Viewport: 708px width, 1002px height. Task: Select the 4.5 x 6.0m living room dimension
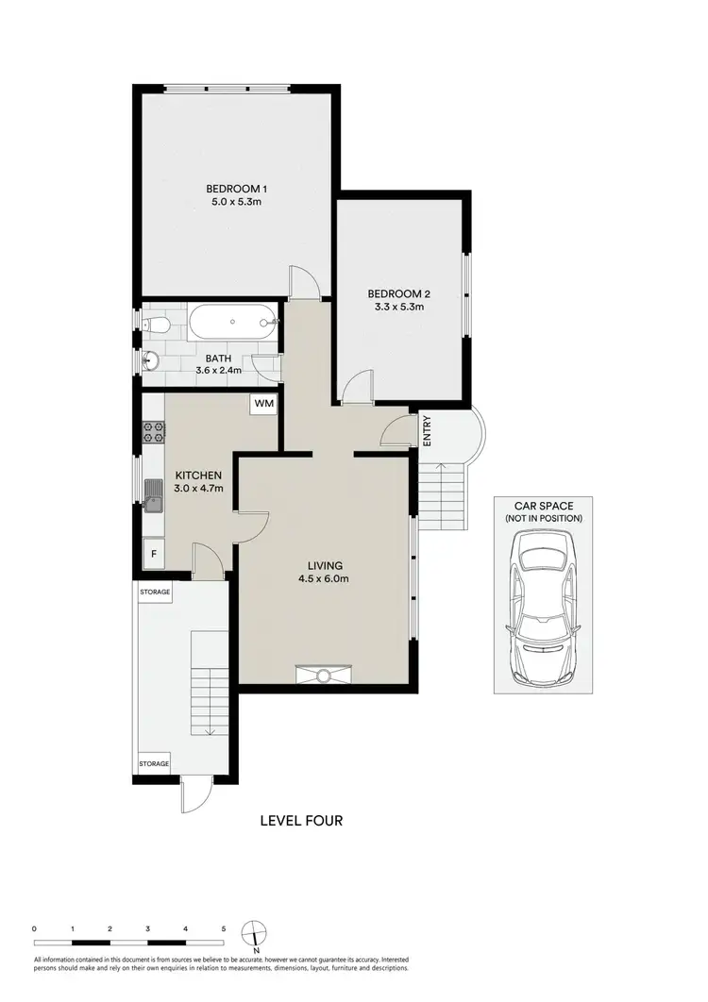[325, 579]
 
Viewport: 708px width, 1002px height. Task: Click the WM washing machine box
[262, 405]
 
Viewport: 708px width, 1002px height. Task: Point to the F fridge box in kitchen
[153, 554]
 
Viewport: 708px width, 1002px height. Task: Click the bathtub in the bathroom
[231, 325]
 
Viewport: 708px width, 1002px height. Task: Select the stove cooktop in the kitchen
[154, 433]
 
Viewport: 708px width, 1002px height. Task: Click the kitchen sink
[154, 493]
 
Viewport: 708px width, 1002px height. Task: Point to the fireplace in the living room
[324, 674]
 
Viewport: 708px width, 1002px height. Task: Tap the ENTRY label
[427, 430]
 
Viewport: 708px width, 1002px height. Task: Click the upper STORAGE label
[155, 593]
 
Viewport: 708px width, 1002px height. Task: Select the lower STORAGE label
[155, 763]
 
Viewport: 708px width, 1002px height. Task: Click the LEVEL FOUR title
[301, 821]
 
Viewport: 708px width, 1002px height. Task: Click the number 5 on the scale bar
[223, 929]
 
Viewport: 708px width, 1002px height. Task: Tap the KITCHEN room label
[199, 475]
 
